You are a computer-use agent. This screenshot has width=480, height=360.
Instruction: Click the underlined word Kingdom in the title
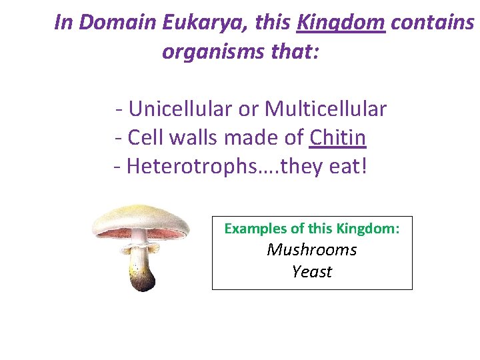pos(341,23)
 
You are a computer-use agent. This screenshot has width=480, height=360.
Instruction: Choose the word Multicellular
pos(325,108)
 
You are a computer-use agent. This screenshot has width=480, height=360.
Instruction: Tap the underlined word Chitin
pos(338,137)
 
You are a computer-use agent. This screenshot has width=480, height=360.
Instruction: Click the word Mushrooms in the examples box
pos(312,250)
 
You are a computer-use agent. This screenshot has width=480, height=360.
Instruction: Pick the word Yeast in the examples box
pos(312,272)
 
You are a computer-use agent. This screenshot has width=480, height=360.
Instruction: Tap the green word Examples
pos(255,229)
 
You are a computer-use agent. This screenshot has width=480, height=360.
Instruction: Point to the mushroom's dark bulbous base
pos(141,281)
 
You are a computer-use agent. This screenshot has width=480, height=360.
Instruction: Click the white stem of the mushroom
pos(139,250)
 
